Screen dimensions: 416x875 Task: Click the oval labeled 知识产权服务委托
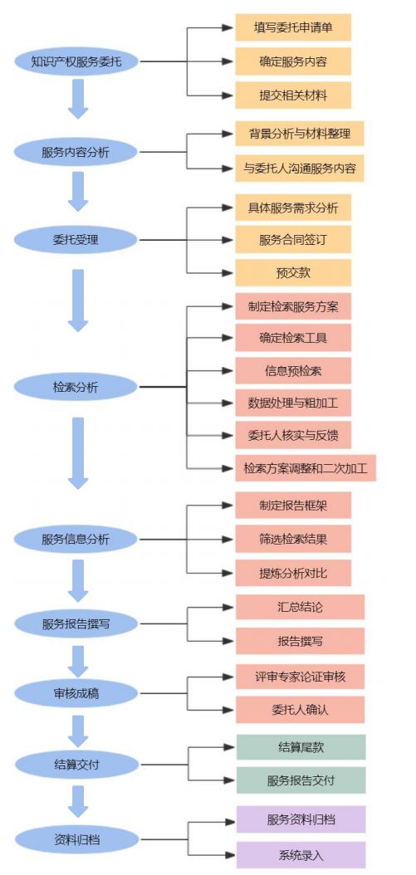[76, 61]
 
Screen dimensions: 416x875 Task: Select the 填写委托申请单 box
[293, 27]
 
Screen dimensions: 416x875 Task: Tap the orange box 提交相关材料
[293, 95]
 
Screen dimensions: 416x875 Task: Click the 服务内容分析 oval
[76, 152]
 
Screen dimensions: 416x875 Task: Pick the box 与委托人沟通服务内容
[299, 168]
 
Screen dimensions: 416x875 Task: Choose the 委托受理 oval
[76, 240]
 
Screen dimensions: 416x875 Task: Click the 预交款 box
[293, 273]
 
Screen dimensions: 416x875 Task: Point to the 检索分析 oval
[76, 387]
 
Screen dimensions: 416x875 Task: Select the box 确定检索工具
[293, 338]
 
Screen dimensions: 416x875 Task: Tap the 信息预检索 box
[293, 370]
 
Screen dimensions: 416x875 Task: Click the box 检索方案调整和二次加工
[306, 467]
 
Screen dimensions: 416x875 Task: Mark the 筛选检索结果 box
[293, 539]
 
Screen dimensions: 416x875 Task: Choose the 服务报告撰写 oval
[76, 623]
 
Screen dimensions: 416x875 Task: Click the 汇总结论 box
[300, 607]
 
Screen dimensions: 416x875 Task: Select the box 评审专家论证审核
[300, 677]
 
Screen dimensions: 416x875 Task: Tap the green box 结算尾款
[301, 747]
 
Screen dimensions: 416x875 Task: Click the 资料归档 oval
[76, 838]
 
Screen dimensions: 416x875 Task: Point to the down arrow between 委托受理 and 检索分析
[78, 301]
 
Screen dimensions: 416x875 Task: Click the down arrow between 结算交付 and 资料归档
[78, 802]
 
